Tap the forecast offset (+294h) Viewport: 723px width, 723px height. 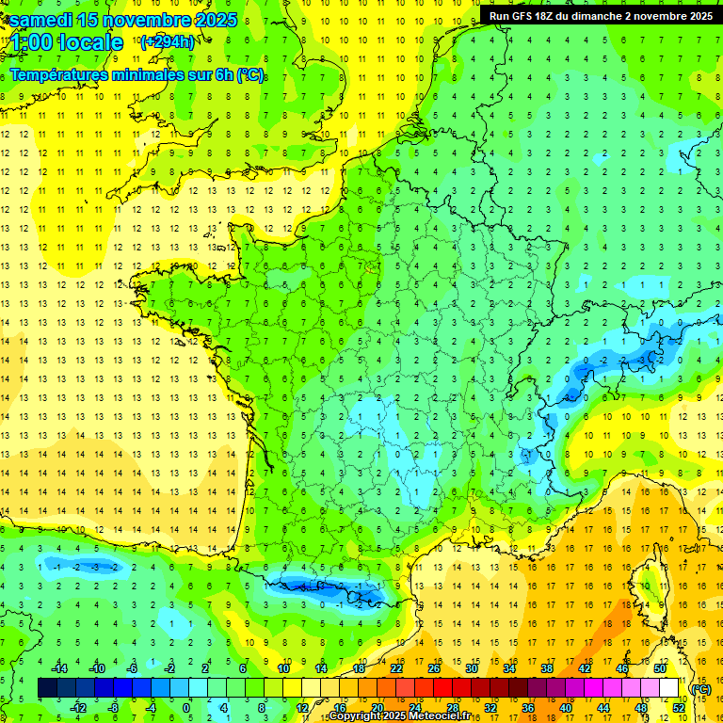(x=167, y=41)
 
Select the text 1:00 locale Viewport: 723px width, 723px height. (x=67, y=42)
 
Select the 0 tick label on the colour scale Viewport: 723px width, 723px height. (x=186, y=708)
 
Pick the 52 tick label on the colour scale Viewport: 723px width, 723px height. (x=678, y=708)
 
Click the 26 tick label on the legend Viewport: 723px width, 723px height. (x=434, y=667)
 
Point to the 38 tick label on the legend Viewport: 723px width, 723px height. (x=547, y=667)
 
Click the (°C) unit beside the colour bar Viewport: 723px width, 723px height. (x=701, y=689)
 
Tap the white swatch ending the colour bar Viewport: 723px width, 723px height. (x=668, y=688)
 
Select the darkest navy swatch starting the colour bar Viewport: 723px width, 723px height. (x=47, y=688)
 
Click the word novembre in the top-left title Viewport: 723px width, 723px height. (x=143, y=20)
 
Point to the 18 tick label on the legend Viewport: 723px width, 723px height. (x=359, y=667)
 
